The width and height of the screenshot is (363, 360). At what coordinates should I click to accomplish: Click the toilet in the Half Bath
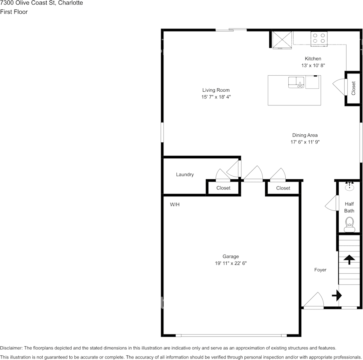[x=349, y=225]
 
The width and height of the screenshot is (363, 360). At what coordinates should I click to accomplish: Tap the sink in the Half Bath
[x=349, y=186]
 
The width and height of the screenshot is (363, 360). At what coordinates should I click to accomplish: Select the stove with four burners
[x=319, y=38]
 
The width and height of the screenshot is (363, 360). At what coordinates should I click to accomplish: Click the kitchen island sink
[x=296, y=82]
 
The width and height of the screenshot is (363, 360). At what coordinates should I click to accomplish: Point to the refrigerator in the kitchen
[x=282, y=40]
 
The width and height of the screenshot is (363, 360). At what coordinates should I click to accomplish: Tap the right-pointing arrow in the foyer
[x=337, y=295]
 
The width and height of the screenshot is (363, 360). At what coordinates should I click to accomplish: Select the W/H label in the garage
[x=174, y=204]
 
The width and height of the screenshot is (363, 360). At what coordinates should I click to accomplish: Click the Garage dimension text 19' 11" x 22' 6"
[x=230, y=263]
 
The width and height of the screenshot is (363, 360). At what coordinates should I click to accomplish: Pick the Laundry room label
[x=185, y=174]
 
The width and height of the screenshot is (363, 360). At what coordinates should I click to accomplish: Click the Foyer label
[x=320, y=270]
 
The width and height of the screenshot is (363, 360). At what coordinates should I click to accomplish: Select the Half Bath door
[x=332, y=203]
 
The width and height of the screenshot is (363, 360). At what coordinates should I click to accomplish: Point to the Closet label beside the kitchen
[x=353, y=88]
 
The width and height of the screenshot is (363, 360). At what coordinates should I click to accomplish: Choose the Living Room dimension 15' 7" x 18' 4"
[x=216, y=97]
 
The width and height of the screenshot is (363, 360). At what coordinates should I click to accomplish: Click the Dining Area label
[x=305, y=135]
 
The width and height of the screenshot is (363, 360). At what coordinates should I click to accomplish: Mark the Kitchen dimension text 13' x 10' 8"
[x=313, y=65]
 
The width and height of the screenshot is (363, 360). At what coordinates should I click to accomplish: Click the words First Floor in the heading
[x=14, y=12]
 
